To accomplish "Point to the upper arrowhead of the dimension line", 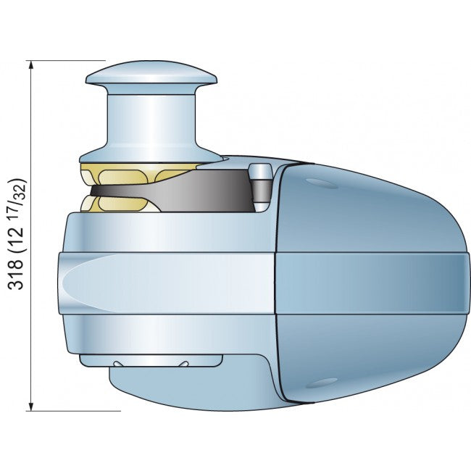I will click(x=31, y=66).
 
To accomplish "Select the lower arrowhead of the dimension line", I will click(x=31, y=405).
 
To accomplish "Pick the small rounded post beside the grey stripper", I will click(x=259, y=188).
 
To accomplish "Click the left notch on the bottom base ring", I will click(x=118, y=362).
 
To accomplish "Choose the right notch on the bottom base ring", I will click(x=185, y=362).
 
